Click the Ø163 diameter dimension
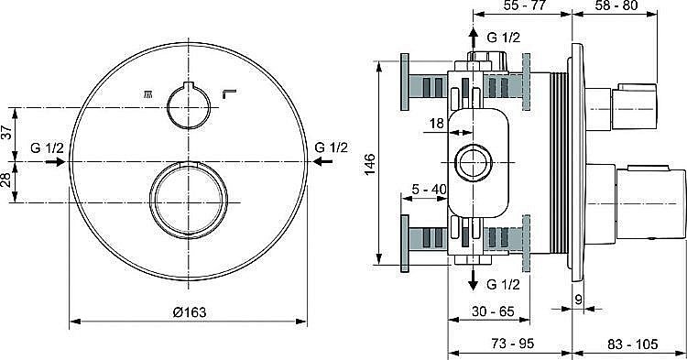pos(188,312)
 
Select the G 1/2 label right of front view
pos(332,147)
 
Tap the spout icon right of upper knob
pos(231,93)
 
